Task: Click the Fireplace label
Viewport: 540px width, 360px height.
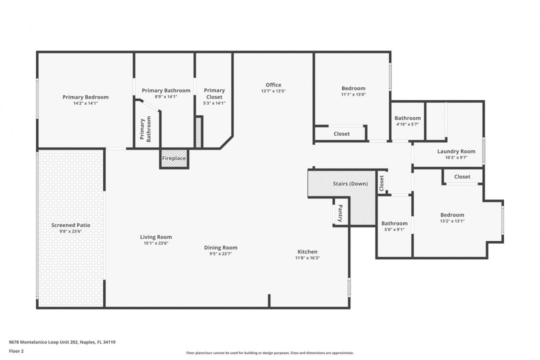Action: point(174,158)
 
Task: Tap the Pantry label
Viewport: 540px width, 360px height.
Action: point(340,213)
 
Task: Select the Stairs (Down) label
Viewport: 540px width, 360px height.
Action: point(350,183)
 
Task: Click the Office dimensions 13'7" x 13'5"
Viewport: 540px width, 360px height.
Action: point(273,91)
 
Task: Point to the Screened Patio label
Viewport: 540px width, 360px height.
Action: point(70,225)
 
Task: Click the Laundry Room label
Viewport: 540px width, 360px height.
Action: point(456,151)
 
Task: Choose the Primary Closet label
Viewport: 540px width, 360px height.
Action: point(214,93)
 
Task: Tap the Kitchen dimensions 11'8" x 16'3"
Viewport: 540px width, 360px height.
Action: point(307,257)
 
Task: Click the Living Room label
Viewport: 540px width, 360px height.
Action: point(156,237)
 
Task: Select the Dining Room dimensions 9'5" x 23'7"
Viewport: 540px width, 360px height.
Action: point(221,254)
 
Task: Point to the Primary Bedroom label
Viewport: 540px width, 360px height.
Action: point(85,97)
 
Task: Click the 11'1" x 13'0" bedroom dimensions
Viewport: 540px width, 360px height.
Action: point(353,94)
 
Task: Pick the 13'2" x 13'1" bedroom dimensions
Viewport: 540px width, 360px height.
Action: point(452,221)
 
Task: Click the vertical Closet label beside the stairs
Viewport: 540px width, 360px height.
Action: point(381,183)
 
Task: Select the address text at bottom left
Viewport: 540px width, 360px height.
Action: point(62,342)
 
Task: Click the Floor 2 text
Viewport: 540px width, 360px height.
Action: point(16,351)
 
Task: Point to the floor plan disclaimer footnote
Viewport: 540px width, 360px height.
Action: point(269,353)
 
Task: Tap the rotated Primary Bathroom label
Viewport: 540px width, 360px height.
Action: point(145,129)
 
